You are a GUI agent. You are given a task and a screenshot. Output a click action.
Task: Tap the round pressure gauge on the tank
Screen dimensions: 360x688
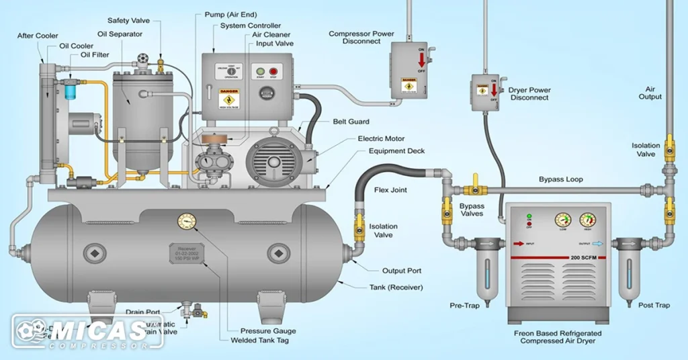point(186,221)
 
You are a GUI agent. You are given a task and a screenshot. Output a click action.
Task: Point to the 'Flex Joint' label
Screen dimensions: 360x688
point(390,190)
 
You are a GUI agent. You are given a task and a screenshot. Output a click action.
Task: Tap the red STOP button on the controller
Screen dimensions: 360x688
point(273,72)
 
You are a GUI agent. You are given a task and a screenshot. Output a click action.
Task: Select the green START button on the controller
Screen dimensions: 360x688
point(258,72)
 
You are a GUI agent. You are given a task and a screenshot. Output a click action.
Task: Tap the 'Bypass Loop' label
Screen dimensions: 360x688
point(560,179)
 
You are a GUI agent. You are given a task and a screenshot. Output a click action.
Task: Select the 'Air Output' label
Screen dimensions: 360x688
point(650,93)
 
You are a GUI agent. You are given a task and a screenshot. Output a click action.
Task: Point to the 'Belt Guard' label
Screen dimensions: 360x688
point(349,122)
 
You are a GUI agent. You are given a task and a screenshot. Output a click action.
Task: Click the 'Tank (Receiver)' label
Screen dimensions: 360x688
point(396,287)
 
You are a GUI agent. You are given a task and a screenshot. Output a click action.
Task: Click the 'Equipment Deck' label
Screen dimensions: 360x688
point(396,151)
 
